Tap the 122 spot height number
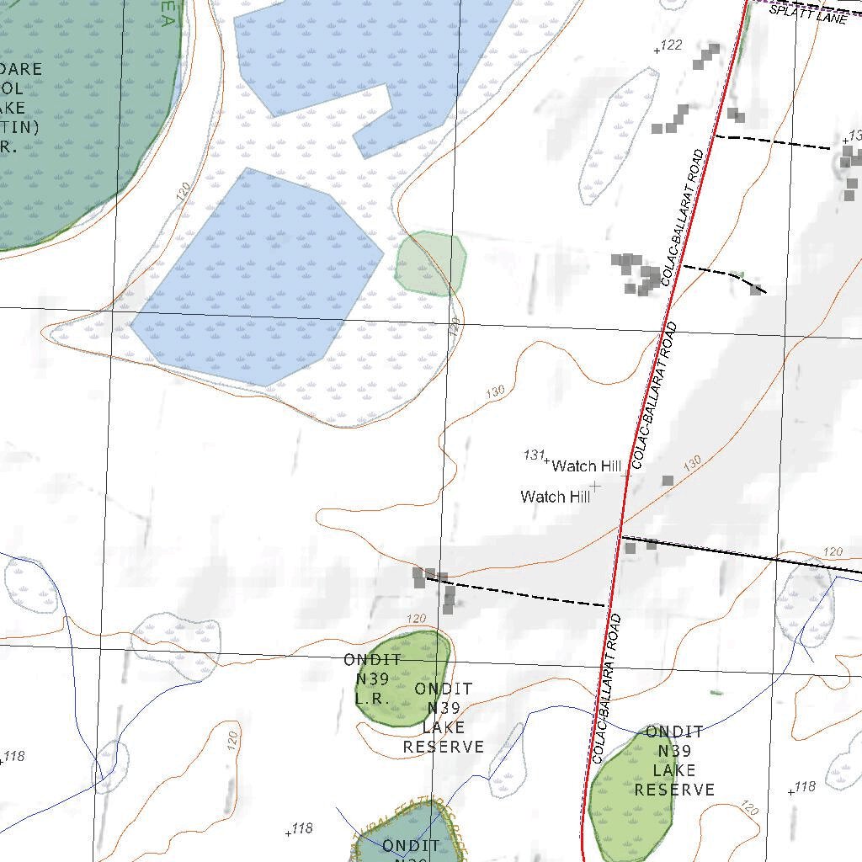671,45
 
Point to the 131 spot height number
534,455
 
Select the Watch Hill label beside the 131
587,466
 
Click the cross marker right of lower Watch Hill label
595,486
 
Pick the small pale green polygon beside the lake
430,263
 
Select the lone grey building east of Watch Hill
668,481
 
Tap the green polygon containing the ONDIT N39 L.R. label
402,678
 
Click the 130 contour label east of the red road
691,463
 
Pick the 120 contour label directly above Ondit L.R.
417,619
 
